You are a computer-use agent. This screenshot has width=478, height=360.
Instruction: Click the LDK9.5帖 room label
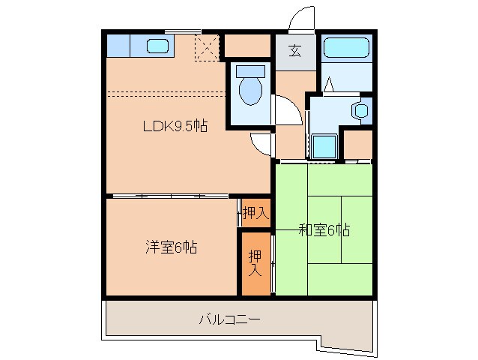[x=175, y=127]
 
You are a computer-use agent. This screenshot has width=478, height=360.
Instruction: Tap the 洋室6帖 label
[x=171, y=246]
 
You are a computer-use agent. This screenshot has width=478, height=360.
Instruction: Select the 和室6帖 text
[x=324, y=229]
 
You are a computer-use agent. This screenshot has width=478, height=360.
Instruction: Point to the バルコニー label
[x=229, y=319]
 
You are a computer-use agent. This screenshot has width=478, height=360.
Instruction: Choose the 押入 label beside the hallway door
[x=254, y=213]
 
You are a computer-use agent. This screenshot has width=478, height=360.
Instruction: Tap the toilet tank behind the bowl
[x=249, y=72]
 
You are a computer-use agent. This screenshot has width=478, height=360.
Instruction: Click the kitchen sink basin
[x=157, y=46]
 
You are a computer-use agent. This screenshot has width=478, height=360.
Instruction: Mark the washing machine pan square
[x=324, y=146]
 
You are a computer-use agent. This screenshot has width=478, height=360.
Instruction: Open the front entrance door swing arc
[x=301, y=18]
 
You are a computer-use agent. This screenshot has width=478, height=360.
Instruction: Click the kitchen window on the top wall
[x=183, y=30]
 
